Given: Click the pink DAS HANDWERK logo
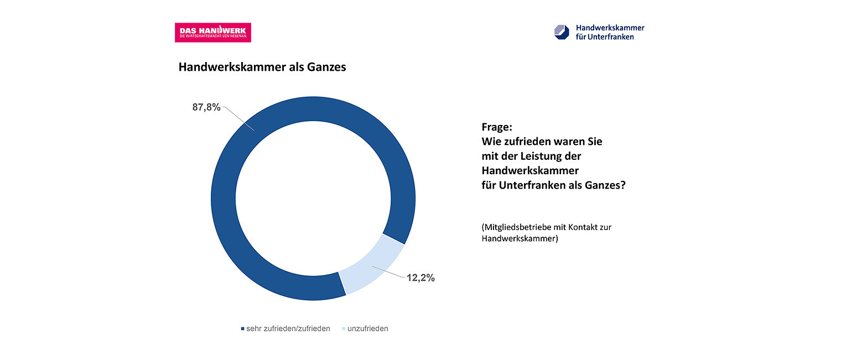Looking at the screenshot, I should pyautogui.click(x=213, y=33).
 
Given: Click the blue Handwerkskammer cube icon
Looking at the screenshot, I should pyautogui.click(x=562, y=32).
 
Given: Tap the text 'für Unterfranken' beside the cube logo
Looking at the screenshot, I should pyautogui.click(x=605, y=37).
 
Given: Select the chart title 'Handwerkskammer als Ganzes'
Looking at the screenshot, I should pyautogui.click(x=262, y=67).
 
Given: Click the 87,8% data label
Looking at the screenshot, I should pyautogui.click(x=206, y=107).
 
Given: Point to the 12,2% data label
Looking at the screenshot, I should pyautogui.click(x=420, y=278).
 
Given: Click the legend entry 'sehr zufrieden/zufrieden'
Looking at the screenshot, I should pyautogui.click(x=288, y=328).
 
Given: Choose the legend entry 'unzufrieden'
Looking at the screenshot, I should pyautogui.click(x=368, y=328).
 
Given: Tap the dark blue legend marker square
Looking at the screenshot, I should pyautogui.click(x=242, y=329).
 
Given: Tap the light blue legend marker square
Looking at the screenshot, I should pyautogui.click(x=344, y=329).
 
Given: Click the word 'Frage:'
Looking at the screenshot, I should pyautogui.click(x=496, y=127).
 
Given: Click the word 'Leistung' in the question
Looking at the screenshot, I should pyautogui.click(x=551, y=156).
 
